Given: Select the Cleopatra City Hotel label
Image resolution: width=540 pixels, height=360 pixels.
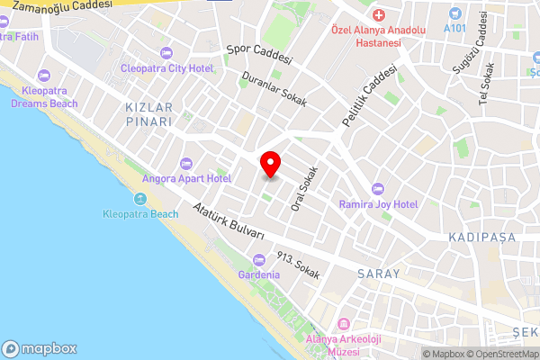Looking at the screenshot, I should tap(175, 68).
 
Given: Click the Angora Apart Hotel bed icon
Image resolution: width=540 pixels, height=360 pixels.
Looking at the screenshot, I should tap(186, 163).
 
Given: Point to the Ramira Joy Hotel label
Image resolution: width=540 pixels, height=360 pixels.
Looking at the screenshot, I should tap(378, 204).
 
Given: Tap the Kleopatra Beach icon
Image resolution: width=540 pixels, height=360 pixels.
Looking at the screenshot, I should tap(139, 199).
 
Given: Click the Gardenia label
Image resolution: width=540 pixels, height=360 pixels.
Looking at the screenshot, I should tap(258, 274).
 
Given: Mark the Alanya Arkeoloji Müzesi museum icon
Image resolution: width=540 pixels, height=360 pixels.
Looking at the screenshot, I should tap(342, 324).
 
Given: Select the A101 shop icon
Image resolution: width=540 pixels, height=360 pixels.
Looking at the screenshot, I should tap(455, 13).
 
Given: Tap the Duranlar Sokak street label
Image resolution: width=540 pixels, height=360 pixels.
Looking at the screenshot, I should tap(275, 89).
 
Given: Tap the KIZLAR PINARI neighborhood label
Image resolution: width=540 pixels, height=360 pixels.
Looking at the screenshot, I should tap(141, 115).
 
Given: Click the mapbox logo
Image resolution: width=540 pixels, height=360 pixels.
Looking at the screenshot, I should tap(40, 349).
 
